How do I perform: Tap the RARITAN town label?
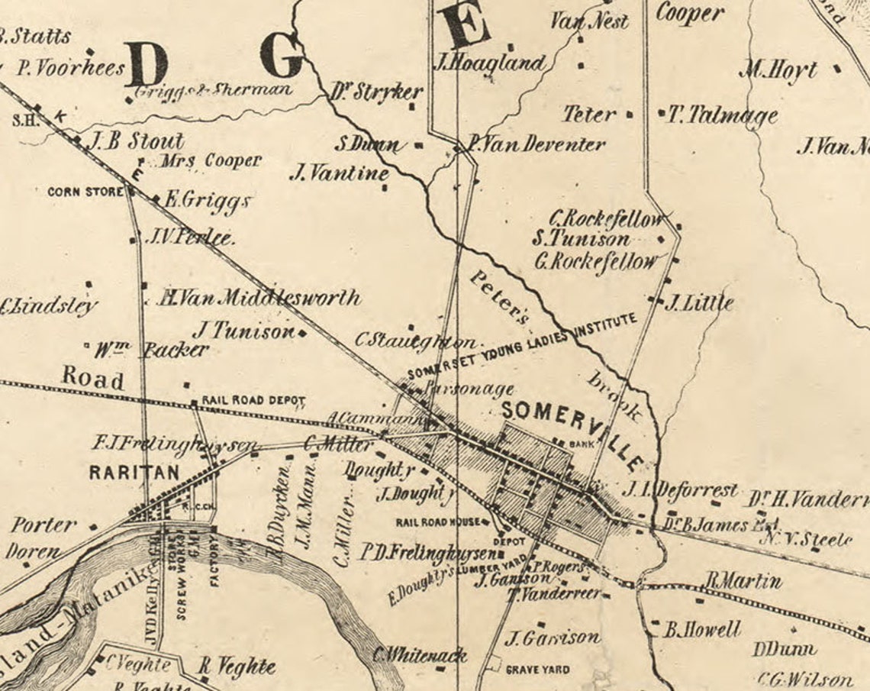pyautogui.click(x=134, y=472)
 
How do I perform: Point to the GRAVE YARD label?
pyautogui.click(x=538, y=670)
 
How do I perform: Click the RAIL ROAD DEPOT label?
pyautogui.click(x=253, y=401)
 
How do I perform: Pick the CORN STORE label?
pyautogui.click(x=85, y=192)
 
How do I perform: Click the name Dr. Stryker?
pyautogui.click(x=377, y=93)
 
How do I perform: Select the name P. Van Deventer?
pyautogui.click(x=536, y=144)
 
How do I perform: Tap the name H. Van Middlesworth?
pyautogui.click(x=259, y=298)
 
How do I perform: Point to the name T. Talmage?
pyautogui.click(x=722, y=115)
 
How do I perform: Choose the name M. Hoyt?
pyautogui.click(x=778, y=71)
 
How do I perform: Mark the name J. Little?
pyautogui.click(x=698, y=303)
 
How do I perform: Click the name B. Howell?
pyautogui.click(x=701, y=630)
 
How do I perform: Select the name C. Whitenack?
pyautogui.click(x=419, y=655)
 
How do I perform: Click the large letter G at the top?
pyautogui.click(x=282, y=56)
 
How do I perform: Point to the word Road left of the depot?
pyautogui.click(x=92, y=378)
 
